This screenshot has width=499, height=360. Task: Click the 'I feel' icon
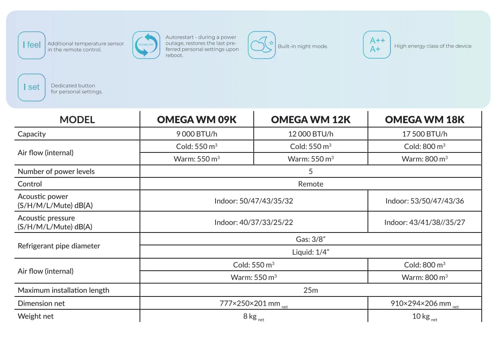[31, 45]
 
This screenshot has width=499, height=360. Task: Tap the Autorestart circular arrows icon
[146, 45]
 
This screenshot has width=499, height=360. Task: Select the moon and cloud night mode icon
[262, 45]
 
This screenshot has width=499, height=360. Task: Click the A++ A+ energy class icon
[377, 45]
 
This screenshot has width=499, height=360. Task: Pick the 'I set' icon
[31, 87]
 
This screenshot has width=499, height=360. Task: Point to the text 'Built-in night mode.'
[303, 46]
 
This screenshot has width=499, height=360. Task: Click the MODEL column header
[77, 119]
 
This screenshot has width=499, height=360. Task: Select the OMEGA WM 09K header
[197, 119]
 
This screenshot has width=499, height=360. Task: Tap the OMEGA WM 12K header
[311, 119]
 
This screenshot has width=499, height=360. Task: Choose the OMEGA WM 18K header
[425, 119]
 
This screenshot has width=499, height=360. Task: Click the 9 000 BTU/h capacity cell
[197, 134]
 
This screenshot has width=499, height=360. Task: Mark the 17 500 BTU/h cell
[425, 134]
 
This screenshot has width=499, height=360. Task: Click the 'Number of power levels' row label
[56, 171]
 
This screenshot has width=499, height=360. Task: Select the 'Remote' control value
[311, 184]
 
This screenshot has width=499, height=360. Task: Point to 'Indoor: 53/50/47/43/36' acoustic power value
[425, 201]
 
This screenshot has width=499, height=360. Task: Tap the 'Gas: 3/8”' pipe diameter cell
[311, 239]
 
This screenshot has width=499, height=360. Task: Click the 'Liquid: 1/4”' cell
[311, 252]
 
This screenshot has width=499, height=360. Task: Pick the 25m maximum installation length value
[311, 290]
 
